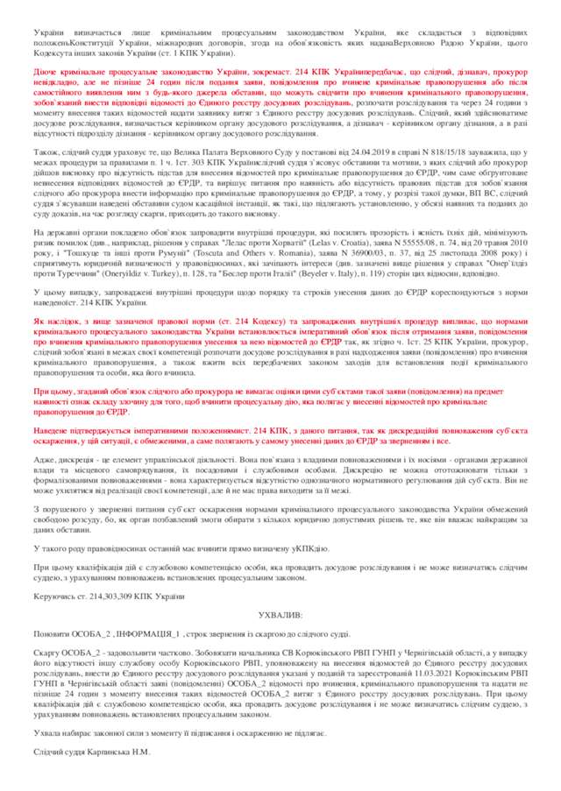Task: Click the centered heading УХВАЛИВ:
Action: [280, 616]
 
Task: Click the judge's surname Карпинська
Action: [109, 752]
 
